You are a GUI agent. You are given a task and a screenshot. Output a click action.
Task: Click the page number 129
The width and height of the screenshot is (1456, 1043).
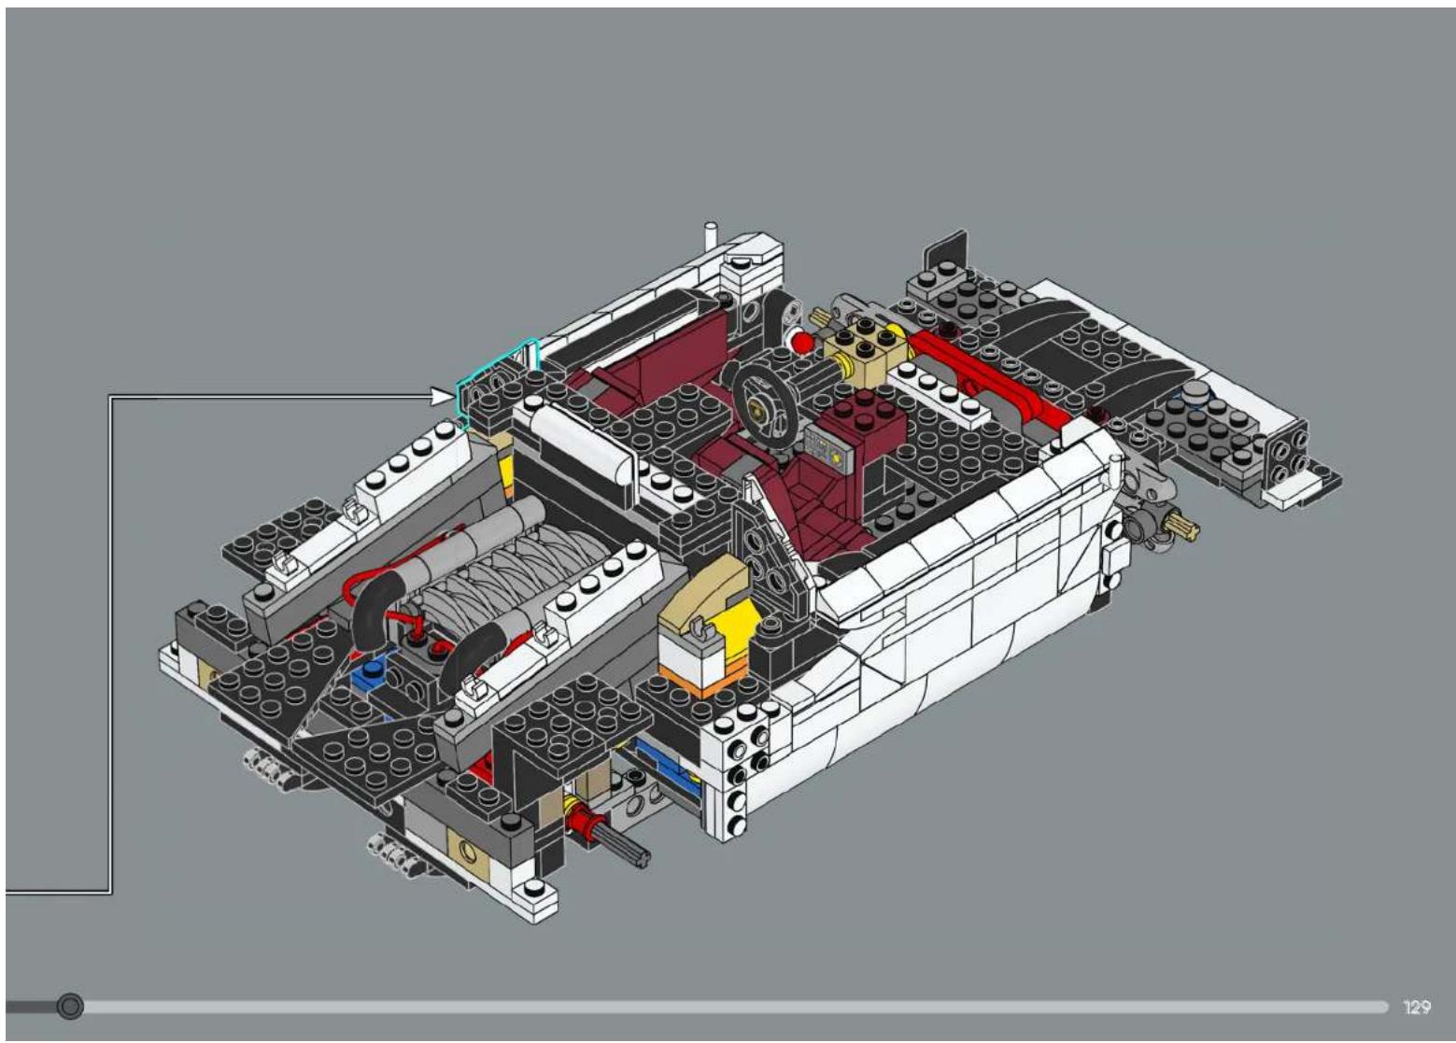coord(1417,1008)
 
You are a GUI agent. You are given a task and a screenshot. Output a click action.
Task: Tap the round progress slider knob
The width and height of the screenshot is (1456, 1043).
coord(69,1007)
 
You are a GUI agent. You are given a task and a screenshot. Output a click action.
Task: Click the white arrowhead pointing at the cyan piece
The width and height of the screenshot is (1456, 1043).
coord(444,397)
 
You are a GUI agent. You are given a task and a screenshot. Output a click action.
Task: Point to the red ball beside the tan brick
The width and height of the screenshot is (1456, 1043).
coord(802,342)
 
